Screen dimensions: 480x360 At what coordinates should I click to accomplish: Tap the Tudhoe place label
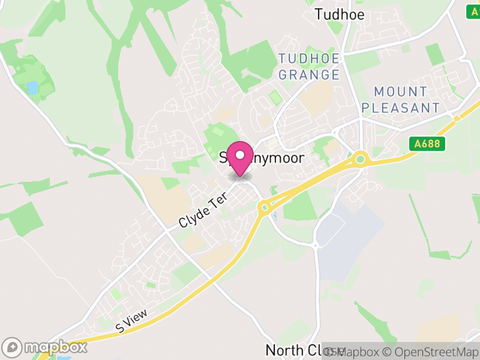tap(340, 14)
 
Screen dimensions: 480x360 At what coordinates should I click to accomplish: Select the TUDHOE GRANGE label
tap(309, 67)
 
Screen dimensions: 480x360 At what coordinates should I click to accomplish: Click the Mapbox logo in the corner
tap(46, 347)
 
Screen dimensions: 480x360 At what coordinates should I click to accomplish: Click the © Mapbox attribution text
tap(353, 352)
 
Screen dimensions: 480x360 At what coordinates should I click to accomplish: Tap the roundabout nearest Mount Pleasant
tap(360, 159)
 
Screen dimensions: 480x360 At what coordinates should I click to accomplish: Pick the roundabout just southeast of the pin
tap(263, 208)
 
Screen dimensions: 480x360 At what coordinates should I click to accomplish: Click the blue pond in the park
tap(32, 88)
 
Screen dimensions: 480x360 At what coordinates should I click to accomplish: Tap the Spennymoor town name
tap(262, 158)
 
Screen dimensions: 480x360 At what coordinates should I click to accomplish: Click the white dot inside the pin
tap(241, 155)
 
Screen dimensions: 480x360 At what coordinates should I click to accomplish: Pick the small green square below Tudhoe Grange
tap(275, 97)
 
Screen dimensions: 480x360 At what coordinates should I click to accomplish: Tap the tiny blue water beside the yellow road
tap(274, 215)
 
